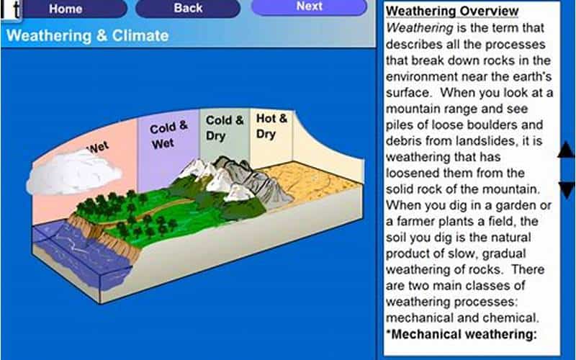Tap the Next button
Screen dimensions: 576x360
[309, 6]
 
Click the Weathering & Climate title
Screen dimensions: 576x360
[87, 35]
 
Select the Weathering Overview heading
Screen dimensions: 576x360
[452, 11]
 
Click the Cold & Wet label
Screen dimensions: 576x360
[168, 135]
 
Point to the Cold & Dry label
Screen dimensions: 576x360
[225, 127]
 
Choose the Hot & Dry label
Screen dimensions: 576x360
[271, 125]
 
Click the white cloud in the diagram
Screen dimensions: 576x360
[73, 172]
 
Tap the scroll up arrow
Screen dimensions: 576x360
[566, 150]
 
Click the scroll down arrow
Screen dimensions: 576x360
[566, 190]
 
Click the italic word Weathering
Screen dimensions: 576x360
[420, 28]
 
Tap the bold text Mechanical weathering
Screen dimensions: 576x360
[462, 334]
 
